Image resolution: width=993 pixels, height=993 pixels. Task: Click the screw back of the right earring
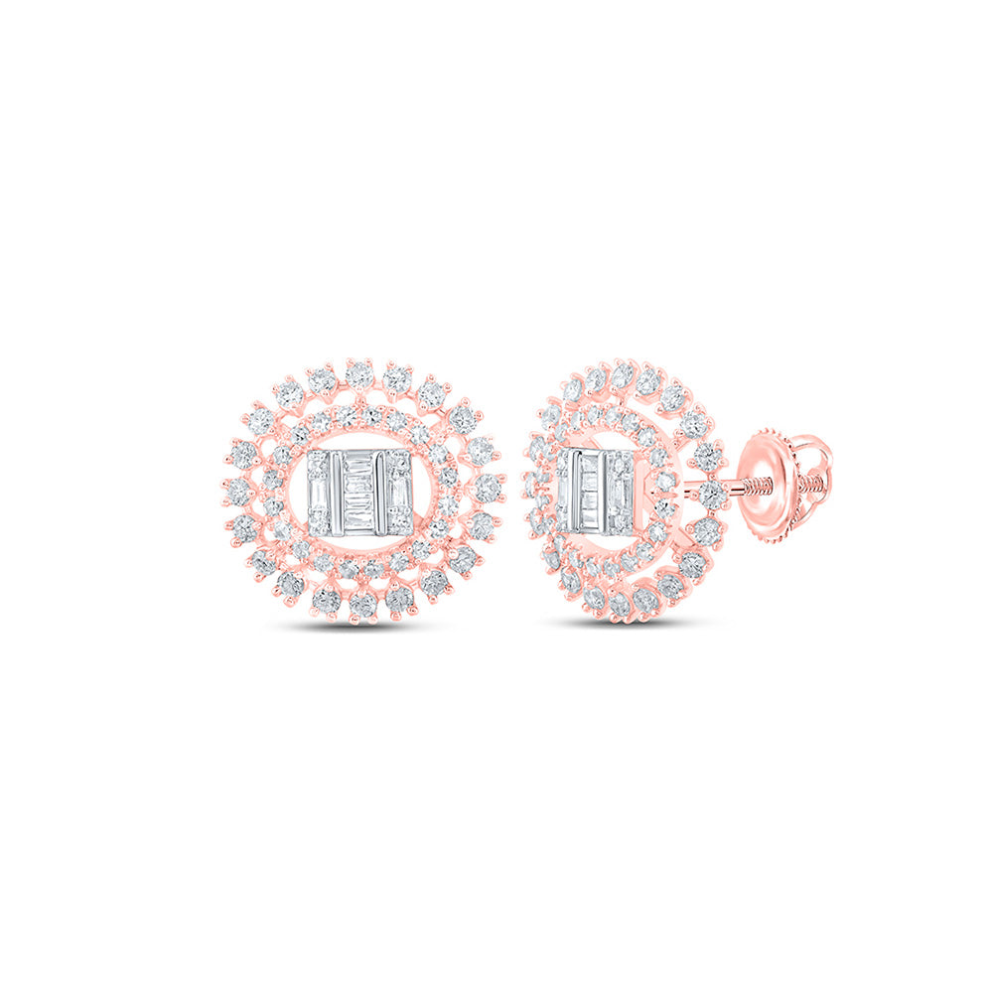[x=788, y=477]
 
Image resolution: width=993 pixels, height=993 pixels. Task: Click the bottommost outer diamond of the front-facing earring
[x=363, y=605]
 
